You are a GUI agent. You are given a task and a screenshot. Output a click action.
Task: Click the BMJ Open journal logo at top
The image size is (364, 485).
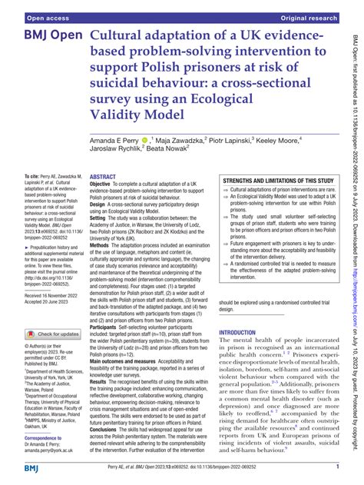(53, 37)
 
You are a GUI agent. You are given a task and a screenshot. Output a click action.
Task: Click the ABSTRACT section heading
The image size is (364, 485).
(103, 198)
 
